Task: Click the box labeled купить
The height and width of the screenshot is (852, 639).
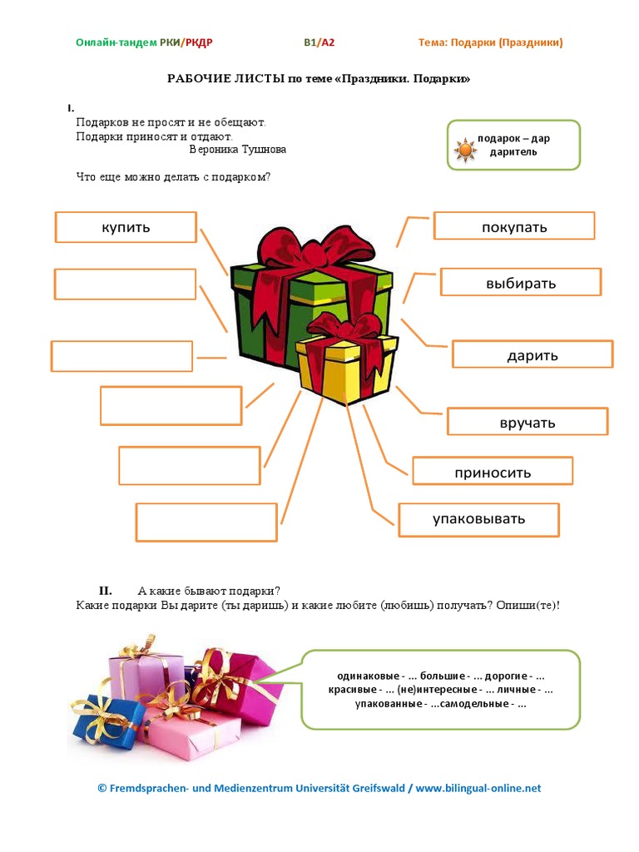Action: [126, 227]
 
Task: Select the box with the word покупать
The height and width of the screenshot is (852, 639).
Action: [514, 225]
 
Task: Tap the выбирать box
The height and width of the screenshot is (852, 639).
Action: [521, 282]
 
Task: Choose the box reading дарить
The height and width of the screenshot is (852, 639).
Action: [532, 354]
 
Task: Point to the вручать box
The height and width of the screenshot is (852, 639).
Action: [527, 422]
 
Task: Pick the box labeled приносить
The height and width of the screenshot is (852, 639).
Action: [493, 471]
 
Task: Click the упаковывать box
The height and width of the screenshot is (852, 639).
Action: [478, 520]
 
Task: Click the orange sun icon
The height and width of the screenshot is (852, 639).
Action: [466, 150]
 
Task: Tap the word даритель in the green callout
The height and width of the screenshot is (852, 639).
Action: [513, 152]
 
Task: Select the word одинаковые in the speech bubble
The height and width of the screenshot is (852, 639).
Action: [368, 676]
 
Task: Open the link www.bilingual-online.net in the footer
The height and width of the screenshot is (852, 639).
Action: [478, 788]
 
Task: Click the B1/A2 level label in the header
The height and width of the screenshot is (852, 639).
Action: [319, 42]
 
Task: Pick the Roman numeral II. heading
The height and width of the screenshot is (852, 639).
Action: [106, 591]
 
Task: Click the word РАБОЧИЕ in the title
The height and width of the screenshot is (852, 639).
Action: [199, 79]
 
